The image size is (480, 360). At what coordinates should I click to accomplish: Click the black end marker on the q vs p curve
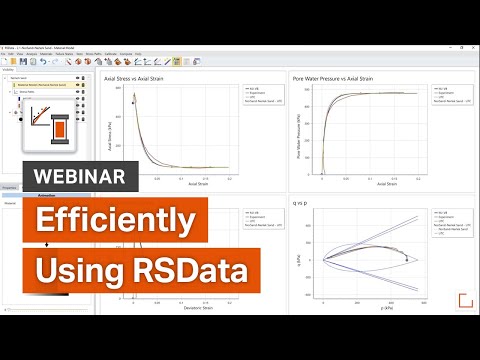coord(406,260)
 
